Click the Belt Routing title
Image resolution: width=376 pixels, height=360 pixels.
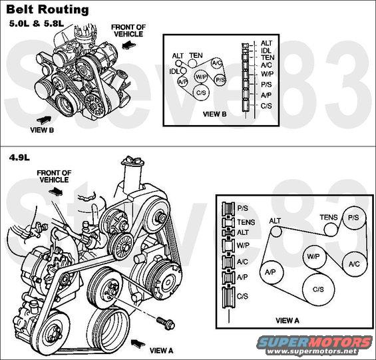point(47,9)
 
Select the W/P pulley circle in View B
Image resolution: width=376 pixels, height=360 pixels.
point(201,77)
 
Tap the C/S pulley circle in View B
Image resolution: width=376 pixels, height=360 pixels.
point(201,92)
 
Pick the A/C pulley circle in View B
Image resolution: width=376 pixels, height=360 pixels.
point(217,63)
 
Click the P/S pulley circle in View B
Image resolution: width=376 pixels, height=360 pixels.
point(220,80)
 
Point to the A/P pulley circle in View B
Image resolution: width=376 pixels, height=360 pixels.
point(182,82)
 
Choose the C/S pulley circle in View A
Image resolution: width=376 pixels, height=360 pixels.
point(319,289)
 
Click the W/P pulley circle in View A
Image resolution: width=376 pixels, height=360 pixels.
point(314,257)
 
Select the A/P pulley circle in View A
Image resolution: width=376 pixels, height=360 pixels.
point(272,272)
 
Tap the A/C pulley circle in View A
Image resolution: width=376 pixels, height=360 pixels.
point(354,264)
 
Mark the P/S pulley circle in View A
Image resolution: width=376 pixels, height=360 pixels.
point(354,218)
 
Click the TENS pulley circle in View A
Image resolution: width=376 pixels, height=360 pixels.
point(331,230)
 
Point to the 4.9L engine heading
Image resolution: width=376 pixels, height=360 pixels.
point(19,157)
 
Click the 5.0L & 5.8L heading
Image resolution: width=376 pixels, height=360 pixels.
point(37,23)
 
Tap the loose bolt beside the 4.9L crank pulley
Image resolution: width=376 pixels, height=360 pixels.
point(166,323)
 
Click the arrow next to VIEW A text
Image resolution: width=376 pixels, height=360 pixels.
point(138,343)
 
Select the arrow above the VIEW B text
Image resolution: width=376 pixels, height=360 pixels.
point(44,120)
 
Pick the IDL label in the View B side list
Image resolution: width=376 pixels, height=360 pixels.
point(266,51)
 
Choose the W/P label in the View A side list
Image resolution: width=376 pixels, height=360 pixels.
point(243,246)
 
